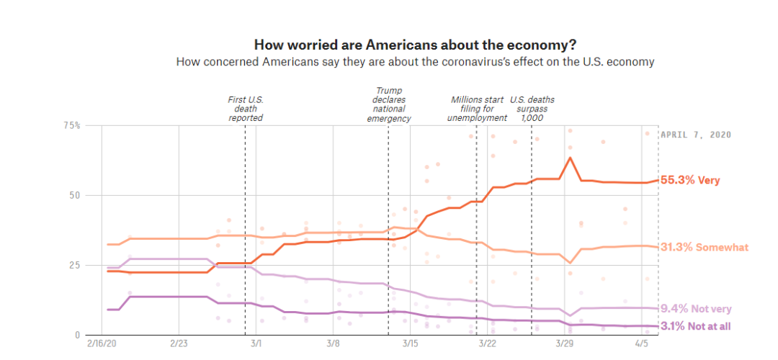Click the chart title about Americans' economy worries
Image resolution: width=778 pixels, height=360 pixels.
pyautogui.click(x=415, y=44)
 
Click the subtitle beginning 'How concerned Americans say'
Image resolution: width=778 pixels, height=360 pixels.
pyautogui.click(x=415, y=62)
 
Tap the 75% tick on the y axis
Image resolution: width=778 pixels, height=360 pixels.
pyautogui.click(x=71, y=125)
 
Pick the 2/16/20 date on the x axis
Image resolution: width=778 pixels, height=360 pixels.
pyautogui.click(x=102, y=345)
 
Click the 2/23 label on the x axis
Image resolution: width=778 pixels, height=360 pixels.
pyautogui.click(x=179, y=345)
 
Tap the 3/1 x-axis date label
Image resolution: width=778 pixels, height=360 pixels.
pyautogui.click(x=256, y=345)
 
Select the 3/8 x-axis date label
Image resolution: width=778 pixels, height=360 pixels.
pyautogui.click(x=333, y=345)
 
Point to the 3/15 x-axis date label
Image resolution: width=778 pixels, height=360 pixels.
pyautogui.click(x=410, y=345)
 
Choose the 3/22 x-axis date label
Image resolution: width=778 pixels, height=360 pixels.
pyautogui.click(x=488, y=345)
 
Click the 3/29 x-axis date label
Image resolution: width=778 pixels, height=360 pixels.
pyautogui.click(x=565, y=345)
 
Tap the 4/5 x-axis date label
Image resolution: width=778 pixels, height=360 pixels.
pyautogui.click(x=642, y=345)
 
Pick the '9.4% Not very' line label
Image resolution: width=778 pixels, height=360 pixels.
pyautogui.click(x=695, y=309)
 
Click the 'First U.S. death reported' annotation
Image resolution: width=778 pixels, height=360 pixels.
pyautogui.click(x=245, y=108)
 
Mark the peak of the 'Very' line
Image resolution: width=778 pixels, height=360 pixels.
pyautogui.click(x=570, y=158)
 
